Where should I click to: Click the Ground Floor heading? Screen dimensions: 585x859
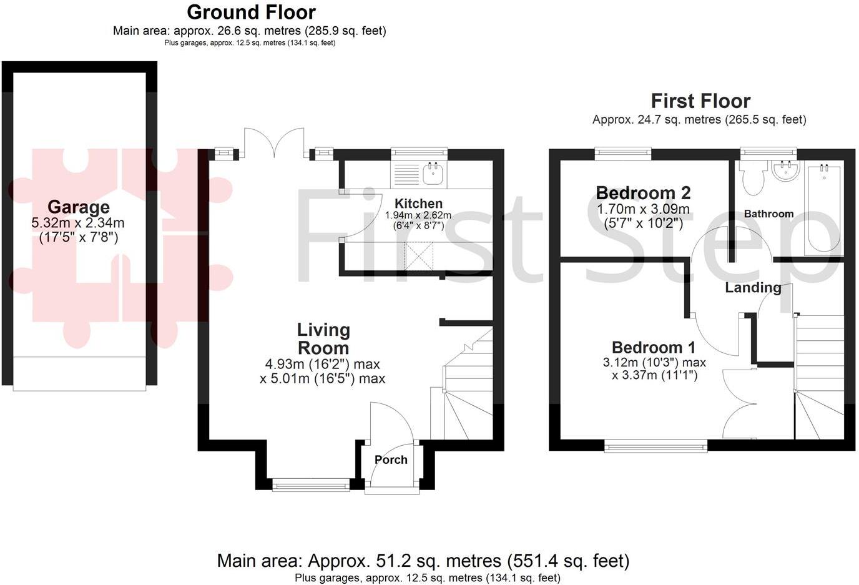pos(251,12)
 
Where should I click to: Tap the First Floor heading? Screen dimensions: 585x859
pos(700,101)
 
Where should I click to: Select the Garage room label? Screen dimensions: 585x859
pos(79,207)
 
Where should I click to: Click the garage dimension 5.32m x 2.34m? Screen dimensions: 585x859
pos(78,223)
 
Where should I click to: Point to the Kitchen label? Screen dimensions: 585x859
pos(418,203)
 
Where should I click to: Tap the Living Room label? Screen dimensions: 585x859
pos(323,339)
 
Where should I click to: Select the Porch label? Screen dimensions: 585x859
pos(391,460)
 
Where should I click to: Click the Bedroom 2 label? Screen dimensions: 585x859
pos(643,192)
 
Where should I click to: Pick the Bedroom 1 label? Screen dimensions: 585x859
pos(654,347)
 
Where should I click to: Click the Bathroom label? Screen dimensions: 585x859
pos(768,214)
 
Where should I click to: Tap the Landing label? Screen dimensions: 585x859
pos(753,287)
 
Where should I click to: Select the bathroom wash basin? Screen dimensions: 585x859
pos(785,171)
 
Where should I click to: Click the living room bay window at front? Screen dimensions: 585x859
pos(311,484)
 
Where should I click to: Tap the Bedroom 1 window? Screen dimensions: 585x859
pos(655,445)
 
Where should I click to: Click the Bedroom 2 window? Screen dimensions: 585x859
pos(622,152)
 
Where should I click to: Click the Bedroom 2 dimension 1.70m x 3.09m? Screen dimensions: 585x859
pos(643,209)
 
